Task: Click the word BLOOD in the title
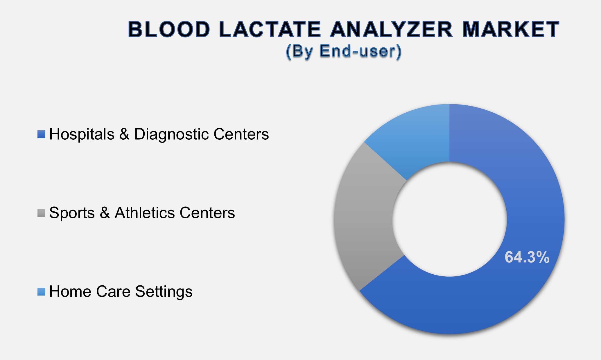point(169,30)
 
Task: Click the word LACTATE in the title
point(270,30)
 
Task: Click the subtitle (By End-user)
point(344,51)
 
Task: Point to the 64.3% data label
point(527,257)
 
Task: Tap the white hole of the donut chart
point(449,219)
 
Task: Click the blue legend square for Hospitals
point(41,134)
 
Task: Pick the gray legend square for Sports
point(41,213)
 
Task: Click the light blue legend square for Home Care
point(41,292)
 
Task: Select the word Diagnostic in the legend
point(172,134)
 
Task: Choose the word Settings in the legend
point(164,292)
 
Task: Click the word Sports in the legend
point(72,213)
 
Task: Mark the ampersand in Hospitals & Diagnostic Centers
point(124,134)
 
